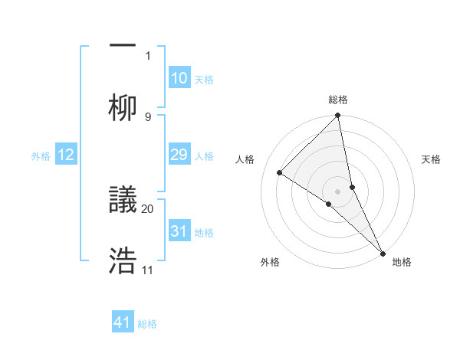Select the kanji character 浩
pos(123,260)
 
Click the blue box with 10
pos(179,78)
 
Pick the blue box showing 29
pos(179,155)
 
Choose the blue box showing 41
pos(123,322)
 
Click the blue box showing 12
pos(66,155)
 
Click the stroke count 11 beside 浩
pos(148,270)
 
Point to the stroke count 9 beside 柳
pos(148,116)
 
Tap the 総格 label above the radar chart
pos(338,100)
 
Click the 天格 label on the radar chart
pos(431,159)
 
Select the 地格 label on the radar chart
pos(402,263)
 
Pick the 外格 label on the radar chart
pos(270,263)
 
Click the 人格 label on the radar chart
pos(245,159)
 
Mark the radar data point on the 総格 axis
pos(338,116)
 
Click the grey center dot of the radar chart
pos(338,191)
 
